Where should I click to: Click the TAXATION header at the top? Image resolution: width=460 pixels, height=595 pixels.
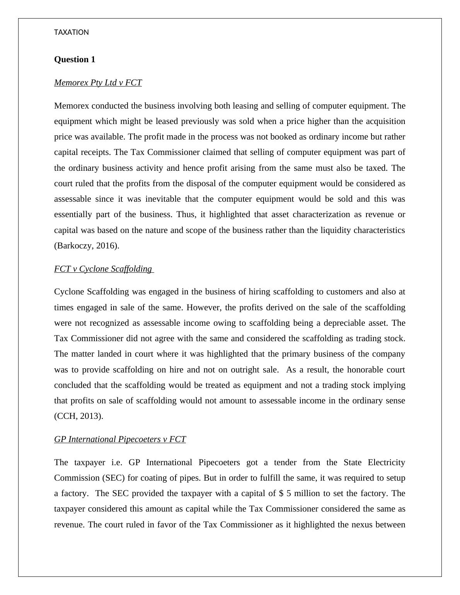[72, 32]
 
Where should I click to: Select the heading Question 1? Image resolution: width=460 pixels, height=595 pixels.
[75, 59]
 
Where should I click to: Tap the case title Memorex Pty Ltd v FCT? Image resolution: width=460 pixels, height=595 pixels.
[98, 83]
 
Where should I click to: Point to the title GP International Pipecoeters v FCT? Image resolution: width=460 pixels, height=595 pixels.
[120, 439]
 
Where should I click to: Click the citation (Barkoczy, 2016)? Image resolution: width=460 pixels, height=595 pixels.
[87, 246]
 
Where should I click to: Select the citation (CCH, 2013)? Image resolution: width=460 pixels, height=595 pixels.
[79, 416]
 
